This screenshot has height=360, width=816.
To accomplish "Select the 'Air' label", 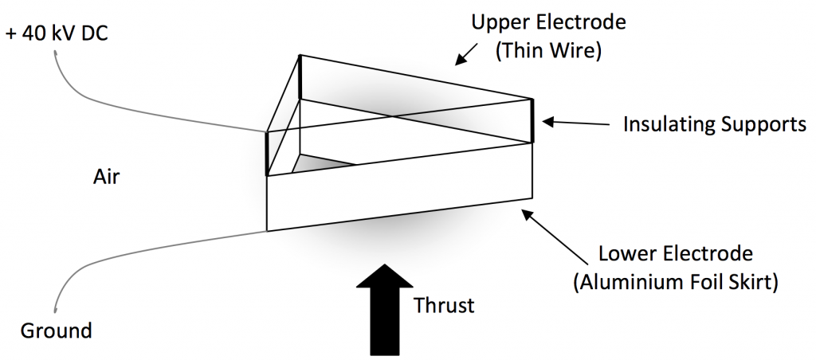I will (x=105, y=177).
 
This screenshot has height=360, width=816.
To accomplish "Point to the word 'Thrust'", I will (x=444, y=305).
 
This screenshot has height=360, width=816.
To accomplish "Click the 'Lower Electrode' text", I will (x=675, y=255).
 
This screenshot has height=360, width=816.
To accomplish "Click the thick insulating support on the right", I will (x=532, y=120).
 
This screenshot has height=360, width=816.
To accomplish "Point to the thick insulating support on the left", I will (x=267, y=152).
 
